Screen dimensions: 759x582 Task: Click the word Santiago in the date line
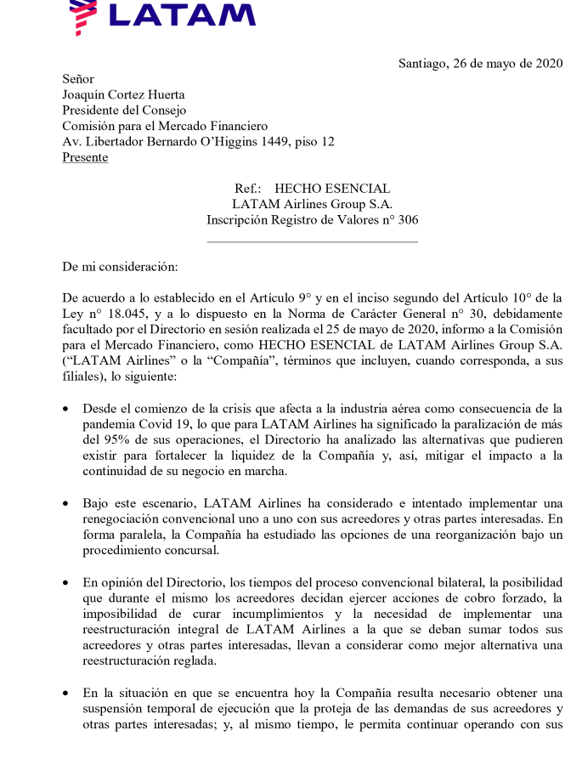click(422, 65)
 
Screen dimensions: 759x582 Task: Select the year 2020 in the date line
click(545, 65)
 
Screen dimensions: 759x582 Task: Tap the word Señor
click(78, 80)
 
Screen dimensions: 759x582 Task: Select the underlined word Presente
click(85, 157)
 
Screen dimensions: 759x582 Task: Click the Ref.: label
click(247, 189)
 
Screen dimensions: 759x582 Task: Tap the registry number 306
click(408, 220)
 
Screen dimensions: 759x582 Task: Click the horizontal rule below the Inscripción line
click(313, 242)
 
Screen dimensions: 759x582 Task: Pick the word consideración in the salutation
click(141, 267)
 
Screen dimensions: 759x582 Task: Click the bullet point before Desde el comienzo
click(67, 409)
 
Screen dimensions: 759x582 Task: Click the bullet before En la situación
click(67, 694)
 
